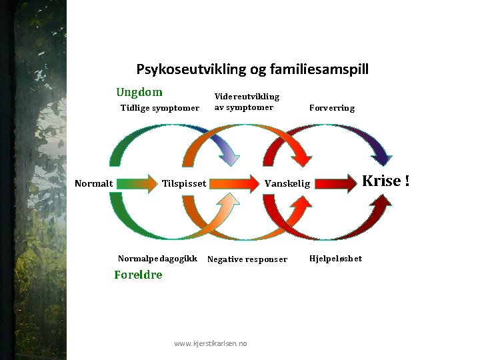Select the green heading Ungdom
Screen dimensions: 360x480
click(139, 93)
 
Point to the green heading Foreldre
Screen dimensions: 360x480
click(138, 275)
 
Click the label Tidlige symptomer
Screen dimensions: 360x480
click(159, 108)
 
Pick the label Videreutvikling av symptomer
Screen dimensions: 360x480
click(246, 102)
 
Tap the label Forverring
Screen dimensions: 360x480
click(332, 108)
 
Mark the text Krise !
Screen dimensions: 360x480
click(385, 181)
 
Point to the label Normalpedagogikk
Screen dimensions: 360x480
click(157, 259)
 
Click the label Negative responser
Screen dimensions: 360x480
click(247, 259)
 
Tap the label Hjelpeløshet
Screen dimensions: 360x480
click(336, 259)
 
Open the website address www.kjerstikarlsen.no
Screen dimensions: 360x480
click(211, 343)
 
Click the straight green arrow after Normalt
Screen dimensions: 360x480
click(137, 183)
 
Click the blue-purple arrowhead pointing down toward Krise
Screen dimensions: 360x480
click(381, 156)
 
